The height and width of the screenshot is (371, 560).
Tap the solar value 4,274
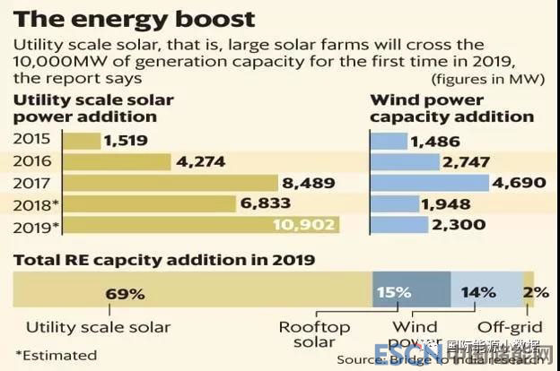point(200,161)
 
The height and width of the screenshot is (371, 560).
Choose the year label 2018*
point(34,204)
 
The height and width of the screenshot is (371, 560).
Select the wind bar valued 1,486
point(388,141)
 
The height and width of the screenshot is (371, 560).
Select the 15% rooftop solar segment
point(411,291)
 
